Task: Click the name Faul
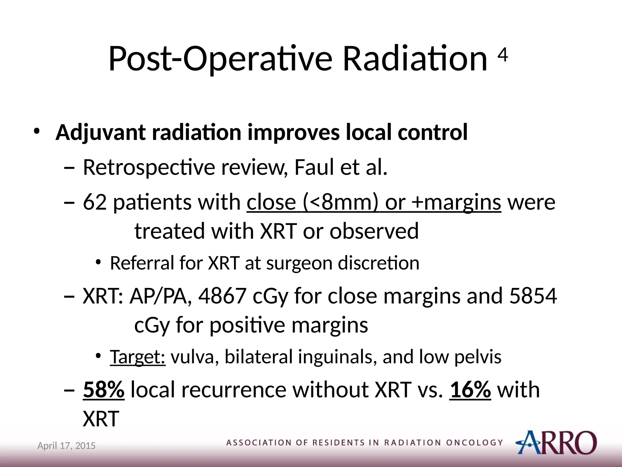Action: pyautogui.click(x=314, y=167)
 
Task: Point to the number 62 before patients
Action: pyautogui.click(x=94, y=202)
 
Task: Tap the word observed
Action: pyautogui.click(x=374, y=231)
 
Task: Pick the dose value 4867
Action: pyautogui.click(x=222, y=296)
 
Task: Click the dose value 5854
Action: pyautogui.click(x=533, y=296)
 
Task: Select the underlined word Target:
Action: pyautogui.click(x=138, y=357)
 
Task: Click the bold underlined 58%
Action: pyautogui.click(x=104, y=389)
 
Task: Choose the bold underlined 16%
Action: pyautogui.click(x=470, y=389)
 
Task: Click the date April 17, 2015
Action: pyautogui.click(x=66, y=446)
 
